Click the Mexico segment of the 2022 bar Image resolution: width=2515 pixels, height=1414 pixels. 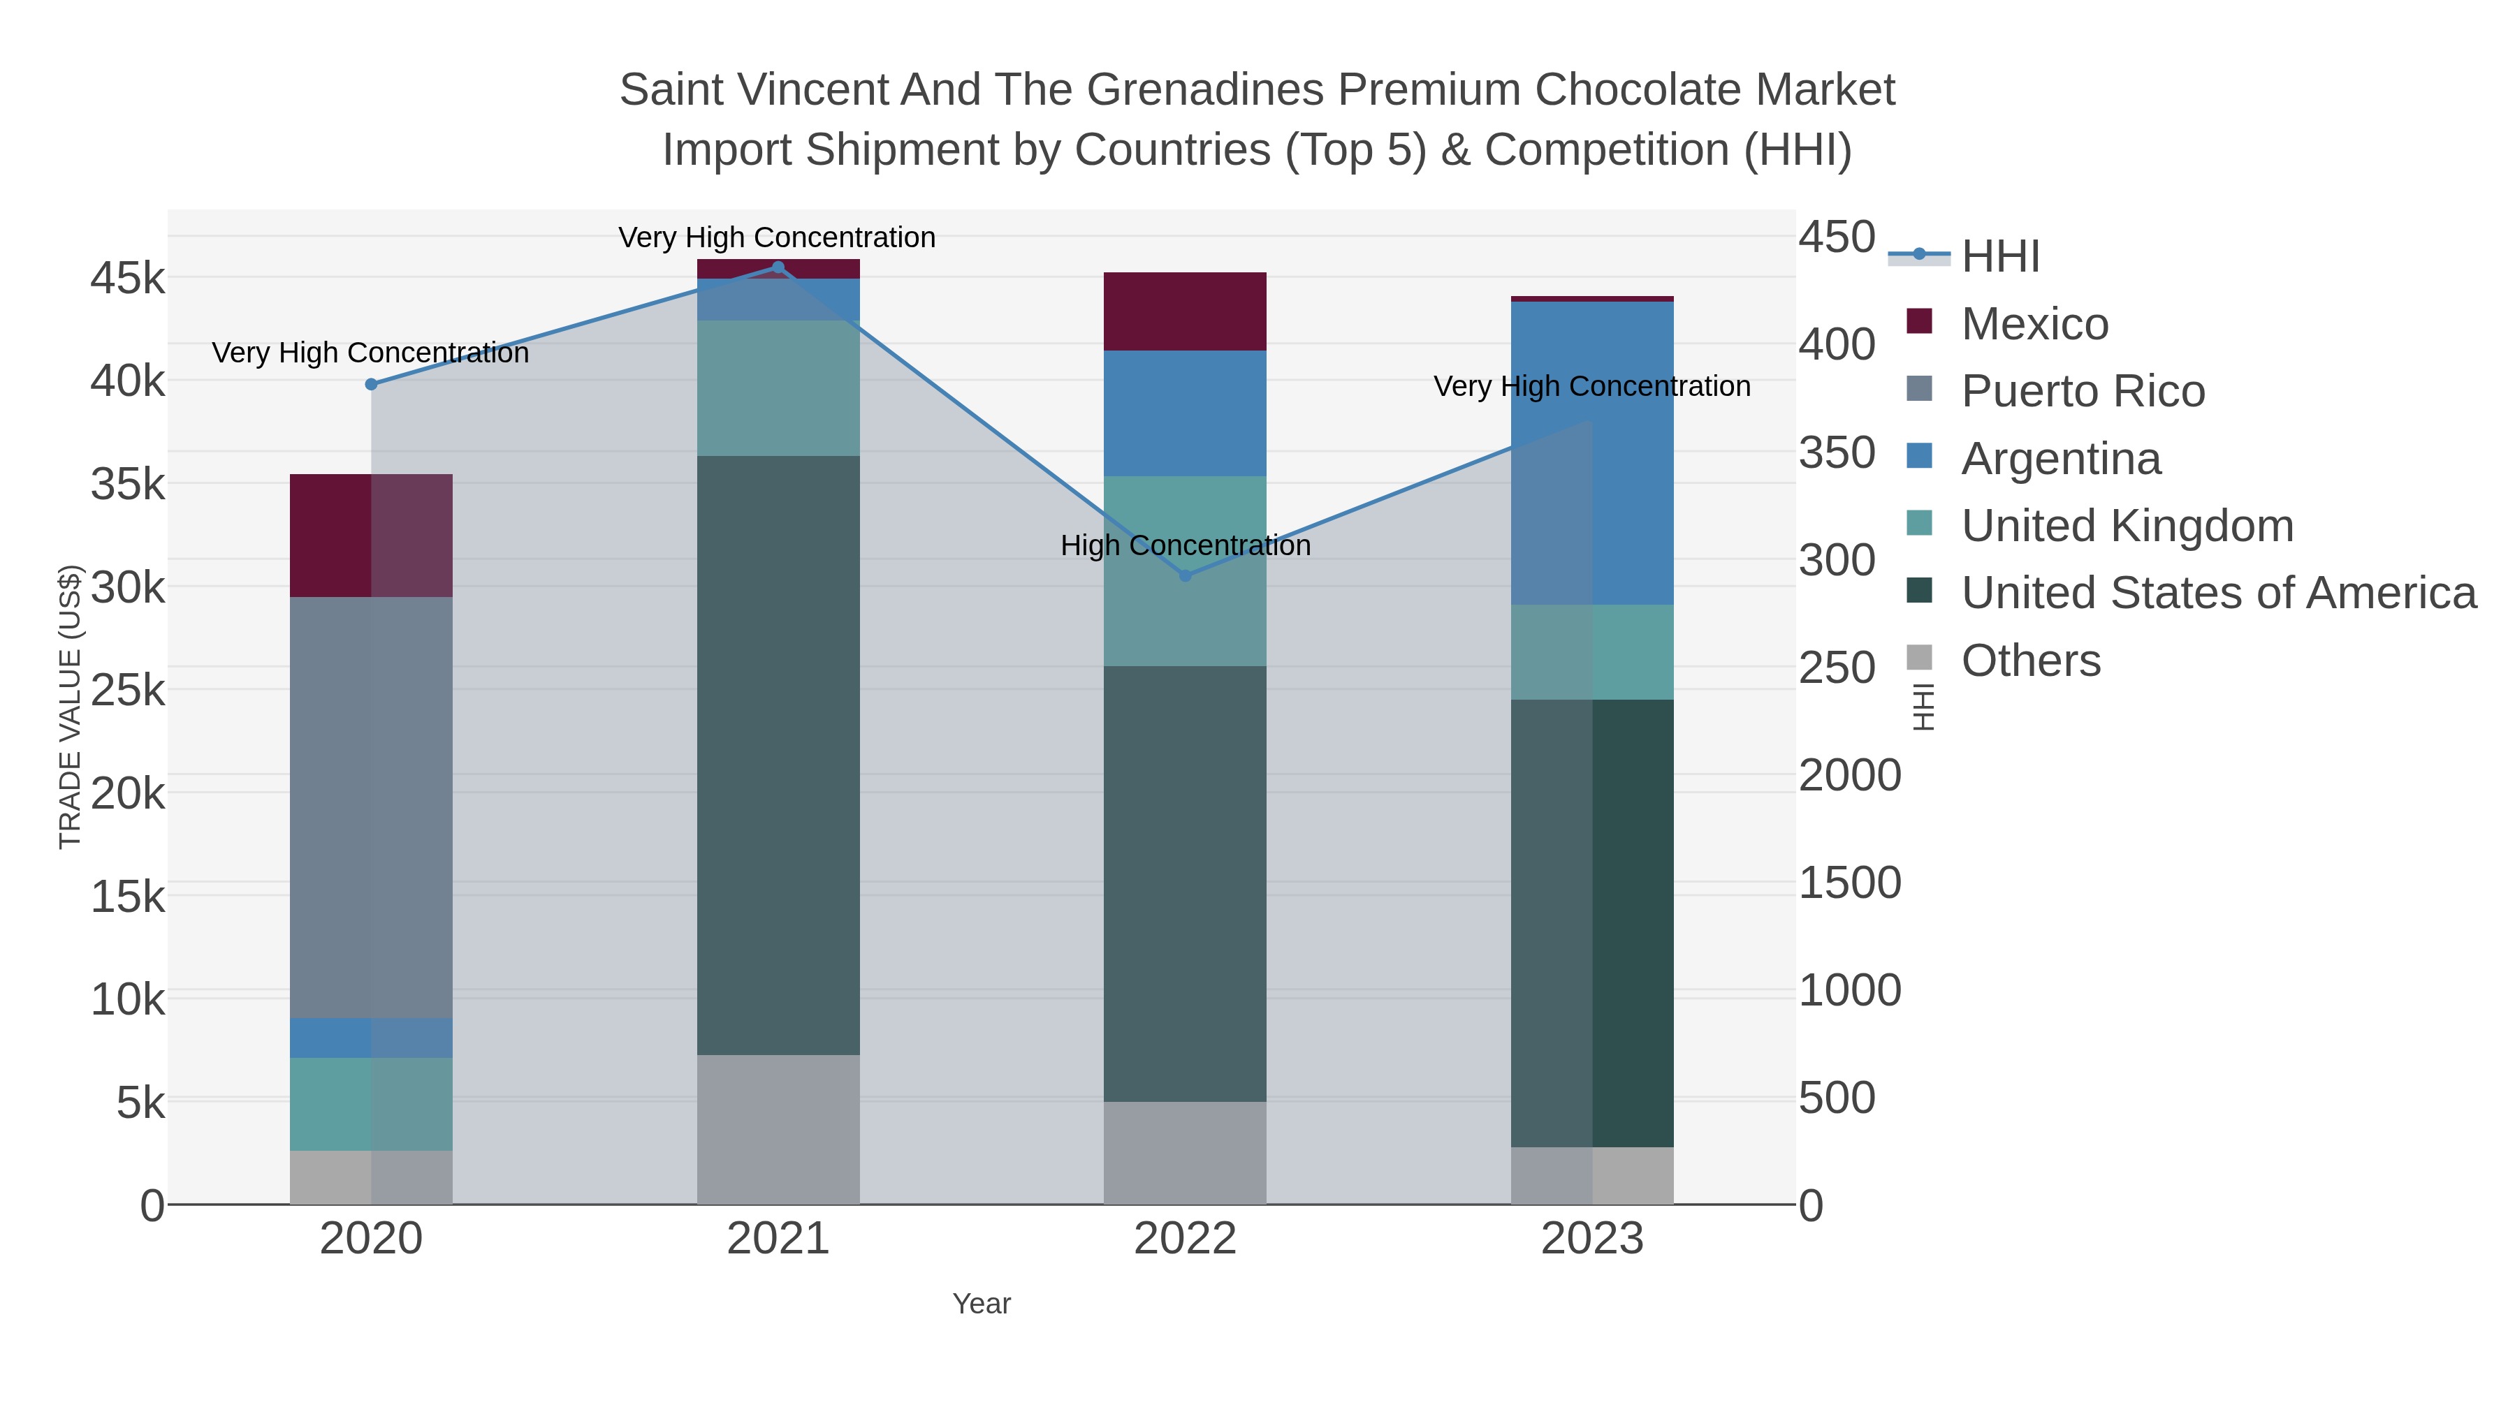[x=1184, y=311]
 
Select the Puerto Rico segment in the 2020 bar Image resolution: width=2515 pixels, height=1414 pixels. [x=371, y=807]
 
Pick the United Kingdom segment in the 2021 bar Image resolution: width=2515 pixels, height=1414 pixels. [x=778, y=388]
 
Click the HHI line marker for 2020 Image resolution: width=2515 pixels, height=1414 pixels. [x=371, y=385]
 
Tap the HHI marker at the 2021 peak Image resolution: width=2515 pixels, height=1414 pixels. [x=778, y=267]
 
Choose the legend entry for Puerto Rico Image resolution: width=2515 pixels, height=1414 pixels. [x=2083, y=391]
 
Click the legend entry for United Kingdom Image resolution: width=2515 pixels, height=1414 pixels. [x=2127, y=526]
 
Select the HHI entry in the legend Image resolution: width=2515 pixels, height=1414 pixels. [x=1999, y=257]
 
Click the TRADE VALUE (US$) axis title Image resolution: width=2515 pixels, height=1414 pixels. [x=71, y=707]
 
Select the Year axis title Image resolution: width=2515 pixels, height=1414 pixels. [x=982, y=1304]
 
